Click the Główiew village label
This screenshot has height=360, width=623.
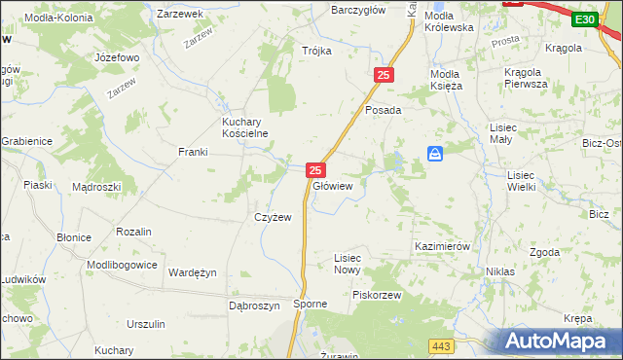point(332,185)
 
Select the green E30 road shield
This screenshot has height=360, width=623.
point(584,19)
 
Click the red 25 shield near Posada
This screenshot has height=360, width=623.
point(384,75)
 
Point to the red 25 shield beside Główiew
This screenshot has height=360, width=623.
point(314,169)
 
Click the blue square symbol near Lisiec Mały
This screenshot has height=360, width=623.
point(435,154)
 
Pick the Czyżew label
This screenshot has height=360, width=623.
point(273,217)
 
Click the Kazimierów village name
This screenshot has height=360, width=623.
point(442,246)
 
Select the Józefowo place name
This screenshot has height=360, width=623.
point(117,57)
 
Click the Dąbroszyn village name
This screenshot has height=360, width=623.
point(254,305)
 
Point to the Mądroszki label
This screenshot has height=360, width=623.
point(96,187)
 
